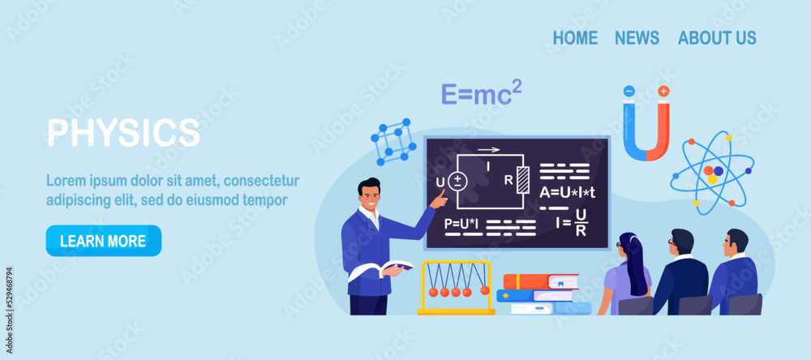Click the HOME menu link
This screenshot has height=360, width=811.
(575, 37)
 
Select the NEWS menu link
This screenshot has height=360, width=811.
(637, 37)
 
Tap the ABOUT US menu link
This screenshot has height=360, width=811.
(717, 37)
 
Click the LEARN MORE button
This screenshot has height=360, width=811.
(103, 241)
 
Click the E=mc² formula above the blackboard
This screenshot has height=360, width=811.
(481, 94)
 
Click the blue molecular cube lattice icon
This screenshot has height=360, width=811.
(393, 141)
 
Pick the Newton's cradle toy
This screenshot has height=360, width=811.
(456, 287)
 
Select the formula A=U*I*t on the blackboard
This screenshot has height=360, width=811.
(568, 192)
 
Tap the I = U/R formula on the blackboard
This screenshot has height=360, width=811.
(573, 222)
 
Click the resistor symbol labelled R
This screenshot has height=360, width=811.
(523, 179)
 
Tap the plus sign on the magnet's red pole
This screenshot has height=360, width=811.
(663, 91)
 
